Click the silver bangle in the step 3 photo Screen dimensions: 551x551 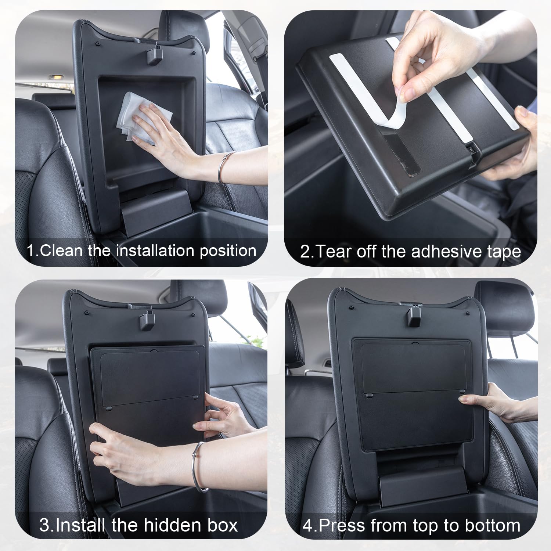(x=199, y=467)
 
